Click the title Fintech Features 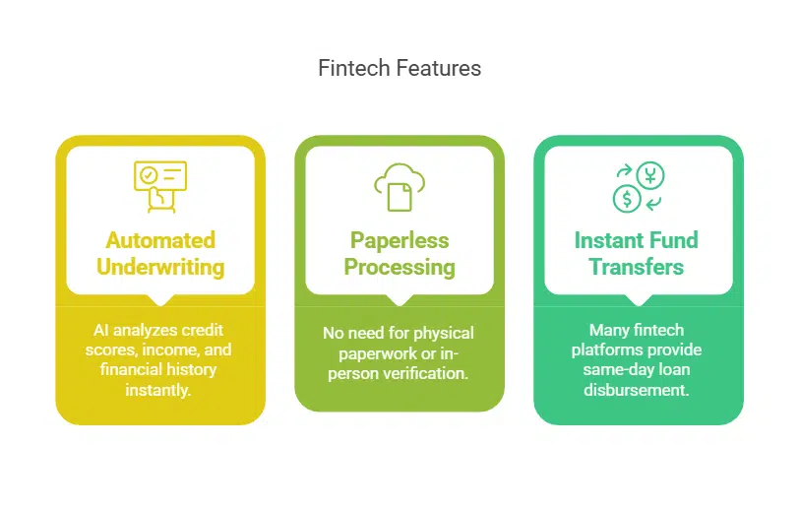click(400, 68)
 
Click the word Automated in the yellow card click(160, 240)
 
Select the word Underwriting click(160, 267)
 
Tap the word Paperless click(400, 240)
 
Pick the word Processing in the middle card click(400, 267)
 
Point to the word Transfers click(636, 267)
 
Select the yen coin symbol click(650, 175)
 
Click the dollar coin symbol click(625, 199)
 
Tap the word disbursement click(638, 389)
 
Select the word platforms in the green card click(612, 349)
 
